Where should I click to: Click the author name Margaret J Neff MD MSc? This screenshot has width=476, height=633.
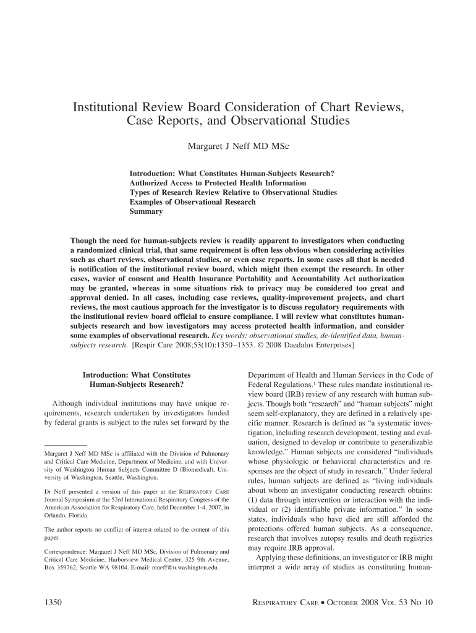pos(238,148)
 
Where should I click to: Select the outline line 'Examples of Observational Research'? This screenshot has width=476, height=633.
pos(192,202)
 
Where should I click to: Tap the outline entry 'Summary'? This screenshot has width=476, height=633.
pos(146,211)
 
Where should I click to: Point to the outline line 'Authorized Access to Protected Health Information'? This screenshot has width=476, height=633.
pos(218,183)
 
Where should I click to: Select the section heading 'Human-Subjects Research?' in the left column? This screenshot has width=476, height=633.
pos(137,384)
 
